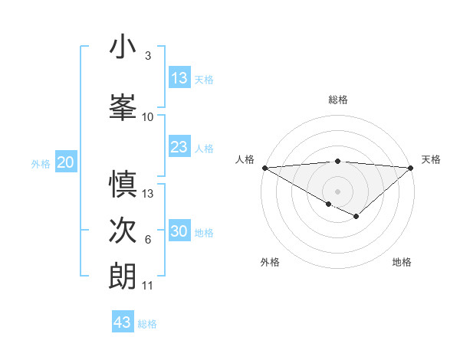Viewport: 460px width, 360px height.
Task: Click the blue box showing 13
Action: tap(179, 78)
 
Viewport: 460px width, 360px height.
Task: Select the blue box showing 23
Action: tap(179, 147)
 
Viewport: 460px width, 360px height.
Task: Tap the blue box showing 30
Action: tap(179, 231)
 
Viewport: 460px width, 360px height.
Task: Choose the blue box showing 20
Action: tap(66, 162)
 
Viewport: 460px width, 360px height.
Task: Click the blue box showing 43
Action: tap(123, 322)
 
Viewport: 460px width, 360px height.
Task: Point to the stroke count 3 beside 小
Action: tap(147, 56)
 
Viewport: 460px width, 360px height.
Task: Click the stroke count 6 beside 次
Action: tap(147, 241)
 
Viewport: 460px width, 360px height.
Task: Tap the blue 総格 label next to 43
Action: tap(147, 324)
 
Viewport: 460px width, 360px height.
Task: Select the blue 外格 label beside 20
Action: tap(41, 163)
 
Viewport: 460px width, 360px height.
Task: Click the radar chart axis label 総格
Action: tap(337, 100)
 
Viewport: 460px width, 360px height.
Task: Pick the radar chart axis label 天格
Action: tap(431, 159)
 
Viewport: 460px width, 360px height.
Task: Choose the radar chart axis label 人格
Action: tap(245, 159)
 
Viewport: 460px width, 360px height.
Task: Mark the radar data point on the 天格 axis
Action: tap(411, 167)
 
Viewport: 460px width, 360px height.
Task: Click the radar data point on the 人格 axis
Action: tap(264, 167)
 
